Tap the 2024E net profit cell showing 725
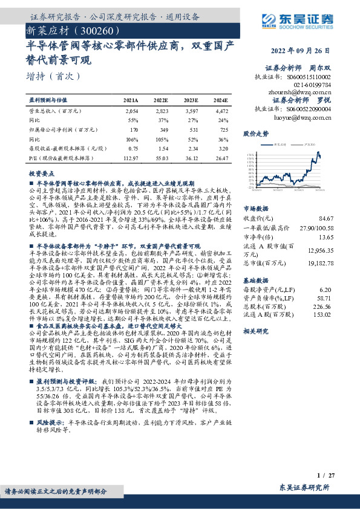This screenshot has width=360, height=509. (x=222, y=129)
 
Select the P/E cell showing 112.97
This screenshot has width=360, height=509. (x=131, y=157)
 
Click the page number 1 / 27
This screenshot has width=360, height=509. (x=324, y=476)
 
